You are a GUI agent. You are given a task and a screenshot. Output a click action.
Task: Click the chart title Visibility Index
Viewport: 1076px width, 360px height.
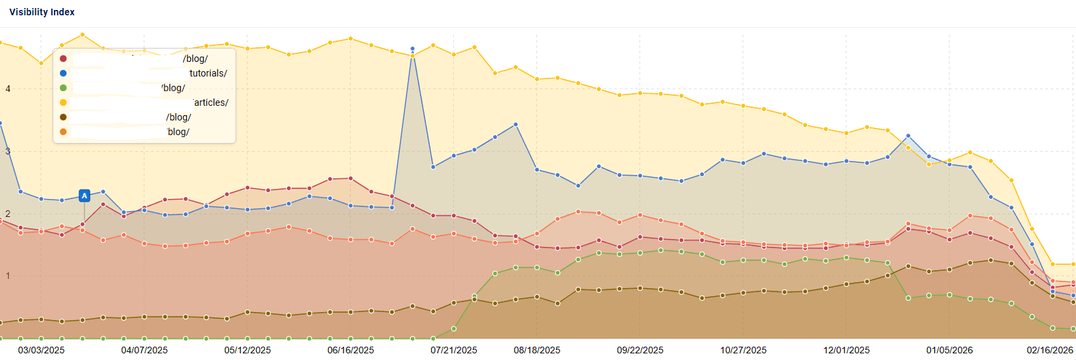coord(42,12)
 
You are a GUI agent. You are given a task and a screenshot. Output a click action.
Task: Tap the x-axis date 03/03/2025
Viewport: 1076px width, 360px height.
coord(41,350)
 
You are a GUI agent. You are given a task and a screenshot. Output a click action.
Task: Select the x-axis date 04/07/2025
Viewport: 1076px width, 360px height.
coord(144,350)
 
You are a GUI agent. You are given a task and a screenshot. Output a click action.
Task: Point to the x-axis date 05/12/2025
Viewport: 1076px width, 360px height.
coord(248,350)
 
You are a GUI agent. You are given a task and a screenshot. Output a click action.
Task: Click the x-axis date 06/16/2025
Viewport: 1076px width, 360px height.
coord(351,350)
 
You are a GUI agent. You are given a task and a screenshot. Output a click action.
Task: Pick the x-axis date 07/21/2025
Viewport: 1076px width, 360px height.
coord(454,350)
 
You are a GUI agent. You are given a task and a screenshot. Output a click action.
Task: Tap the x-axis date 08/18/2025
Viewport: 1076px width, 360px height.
coord(537,350)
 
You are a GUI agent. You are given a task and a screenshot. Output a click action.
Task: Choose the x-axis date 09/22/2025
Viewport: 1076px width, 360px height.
coord(640,350)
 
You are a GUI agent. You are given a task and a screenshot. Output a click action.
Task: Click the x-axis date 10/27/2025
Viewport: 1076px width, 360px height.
coord(743,350)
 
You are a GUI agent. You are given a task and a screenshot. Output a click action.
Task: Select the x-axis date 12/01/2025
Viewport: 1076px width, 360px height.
coord(846,350)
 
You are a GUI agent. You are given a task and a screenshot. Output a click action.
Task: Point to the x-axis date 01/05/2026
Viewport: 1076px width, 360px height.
coord(950,350)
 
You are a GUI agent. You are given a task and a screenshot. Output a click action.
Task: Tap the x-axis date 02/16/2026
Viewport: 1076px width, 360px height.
coord(1050,350)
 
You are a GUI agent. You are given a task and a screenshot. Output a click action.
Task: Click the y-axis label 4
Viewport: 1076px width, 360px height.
coord(8,89)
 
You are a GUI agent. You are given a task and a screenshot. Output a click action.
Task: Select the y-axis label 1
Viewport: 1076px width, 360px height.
coord(8,276)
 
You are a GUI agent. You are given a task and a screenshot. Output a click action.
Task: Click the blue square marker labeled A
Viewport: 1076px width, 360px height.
coord(85,196)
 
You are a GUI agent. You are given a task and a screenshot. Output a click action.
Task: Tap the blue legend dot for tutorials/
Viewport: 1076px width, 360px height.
coord(63,73)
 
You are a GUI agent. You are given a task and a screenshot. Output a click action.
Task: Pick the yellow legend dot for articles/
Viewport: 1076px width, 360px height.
coord(63,102)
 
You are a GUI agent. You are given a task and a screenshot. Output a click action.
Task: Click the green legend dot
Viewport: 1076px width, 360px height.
coord(63,88)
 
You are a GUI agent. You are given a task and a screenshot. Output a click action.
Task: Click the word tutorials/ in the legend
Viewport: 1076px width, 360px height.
coord(208,73)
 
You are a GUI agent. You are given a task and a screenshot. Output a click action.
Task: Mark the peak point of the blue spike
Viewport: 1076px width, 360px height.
coord(413,49)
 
